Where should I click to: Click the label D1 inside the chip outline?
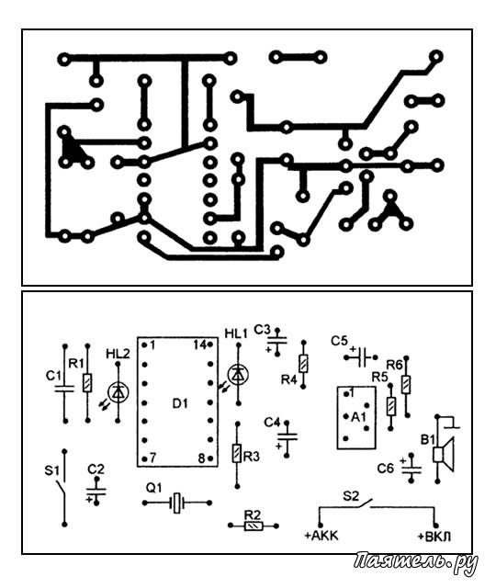(180, 403)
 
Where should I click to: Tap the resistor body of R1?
(87, 383)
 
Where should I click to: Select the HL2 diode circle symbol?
(118, 392)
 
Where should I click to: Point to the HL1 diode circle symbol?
(238, 374)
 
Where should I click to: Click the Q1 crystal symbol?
(177, 503)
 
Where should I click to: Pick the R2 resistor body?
(254, 526)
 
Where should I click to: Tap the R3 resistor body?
(237, 453)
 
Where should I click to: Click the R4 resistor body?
(304, 364)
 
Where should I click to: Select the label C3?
(262, 330)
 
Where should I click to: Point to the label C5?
(339, 341)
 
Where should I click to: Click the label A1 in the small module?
(358, 416)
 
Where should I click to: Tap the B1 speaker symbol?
(444, 455)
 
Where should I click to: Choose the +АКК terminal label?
(321, 536)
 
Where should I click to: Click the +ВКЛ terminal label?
(434, 537)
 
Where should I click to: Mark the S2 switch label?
(351, 496)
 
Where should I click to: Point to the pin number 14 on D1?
(200, 345)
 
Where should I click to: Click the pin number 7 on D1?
(152, 458)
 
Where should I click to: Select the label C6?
(386, 468)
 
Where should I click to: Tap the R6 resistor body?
(406, 385)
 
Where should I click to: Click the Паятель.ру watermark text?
(415, 562)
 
